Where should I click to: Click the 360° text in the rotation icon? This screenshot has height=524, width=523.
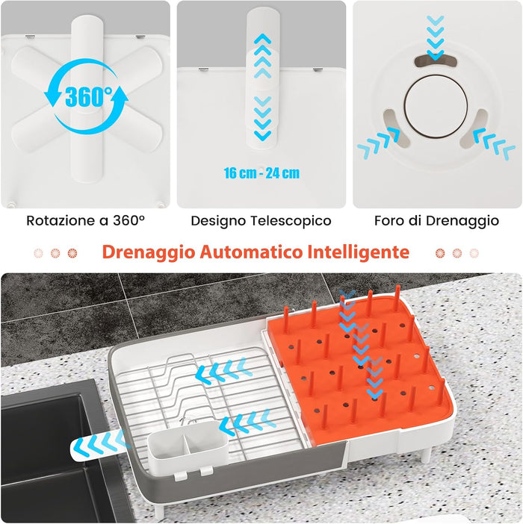[87, 96]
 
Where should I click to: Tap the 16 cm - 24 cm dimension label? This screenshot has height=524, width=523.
[261, 173]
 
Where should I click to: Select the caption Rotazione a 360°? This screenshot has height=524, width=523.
[85, 221]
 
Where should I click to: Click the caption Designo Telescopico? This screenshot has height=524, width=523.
[261, 221]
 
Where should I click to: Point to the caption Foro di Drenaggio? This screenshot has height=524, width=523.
[437, 221]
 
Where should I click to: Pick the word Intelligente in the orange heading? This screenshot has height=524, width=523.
[359, 252]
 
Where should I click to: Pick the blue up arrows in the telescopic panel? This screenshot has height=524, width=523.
[262, 56]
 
